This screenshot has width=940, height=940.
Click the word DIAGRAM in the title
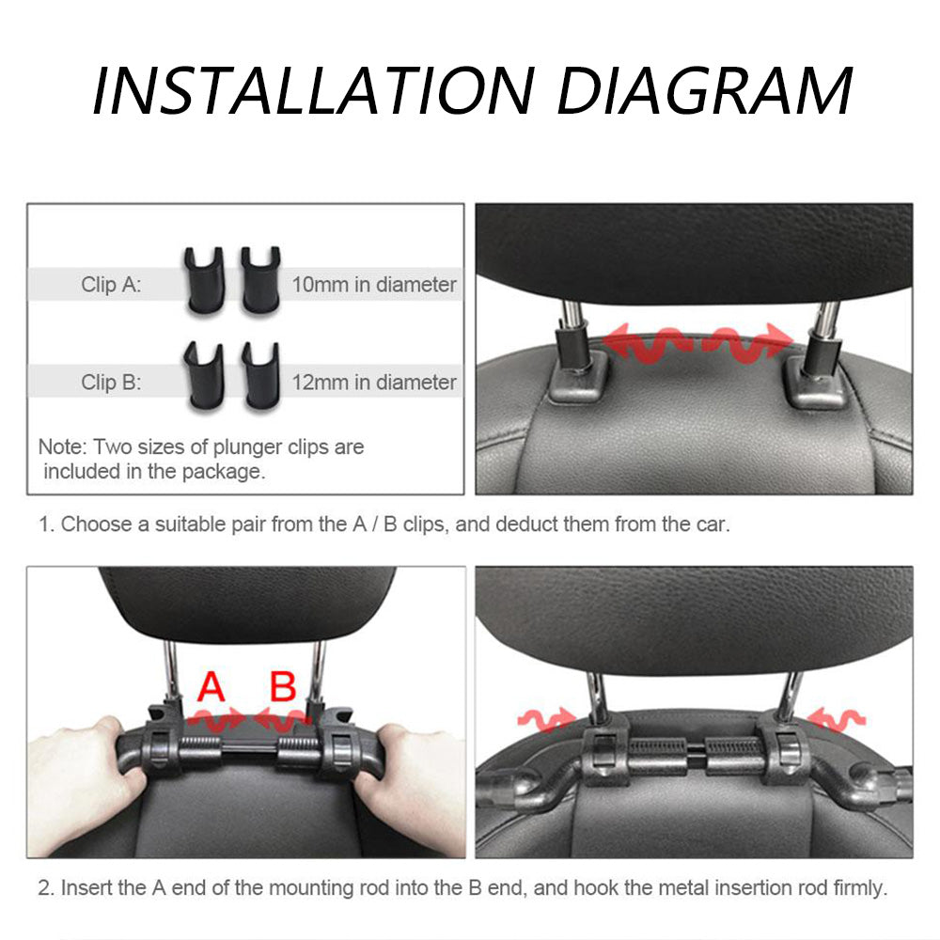(705, 90)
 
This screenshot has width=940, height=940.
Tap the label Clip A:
(112, 284)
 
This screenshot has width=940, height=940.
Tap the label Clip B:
(112, 382)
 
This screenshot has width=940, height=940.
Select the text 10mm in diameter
(374, 284)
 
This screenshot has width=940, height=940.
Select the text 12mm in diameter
(374, 382)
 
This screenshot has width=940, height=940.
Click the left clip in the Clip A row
(204, 280)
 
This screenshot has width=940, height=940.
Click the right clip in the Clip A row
(260, 279)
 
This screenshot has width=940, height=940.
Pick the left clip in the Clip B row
(204, 377)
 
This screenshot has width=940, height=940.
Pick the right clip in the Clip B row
(260, 376)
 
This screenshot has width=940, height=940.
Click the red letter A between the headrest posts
(211, 686)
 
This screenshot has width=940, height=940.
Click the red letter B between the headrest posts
(283, 686)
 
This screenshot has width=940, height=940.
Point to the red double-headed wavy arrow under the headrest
(697, 343)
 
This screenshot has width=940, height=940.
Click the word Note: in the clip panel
(63, 447)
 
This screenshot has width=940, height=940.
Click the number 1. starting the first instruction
(46, 525)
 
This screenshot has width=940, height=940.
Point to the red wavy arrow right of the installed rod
(837, 718)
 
